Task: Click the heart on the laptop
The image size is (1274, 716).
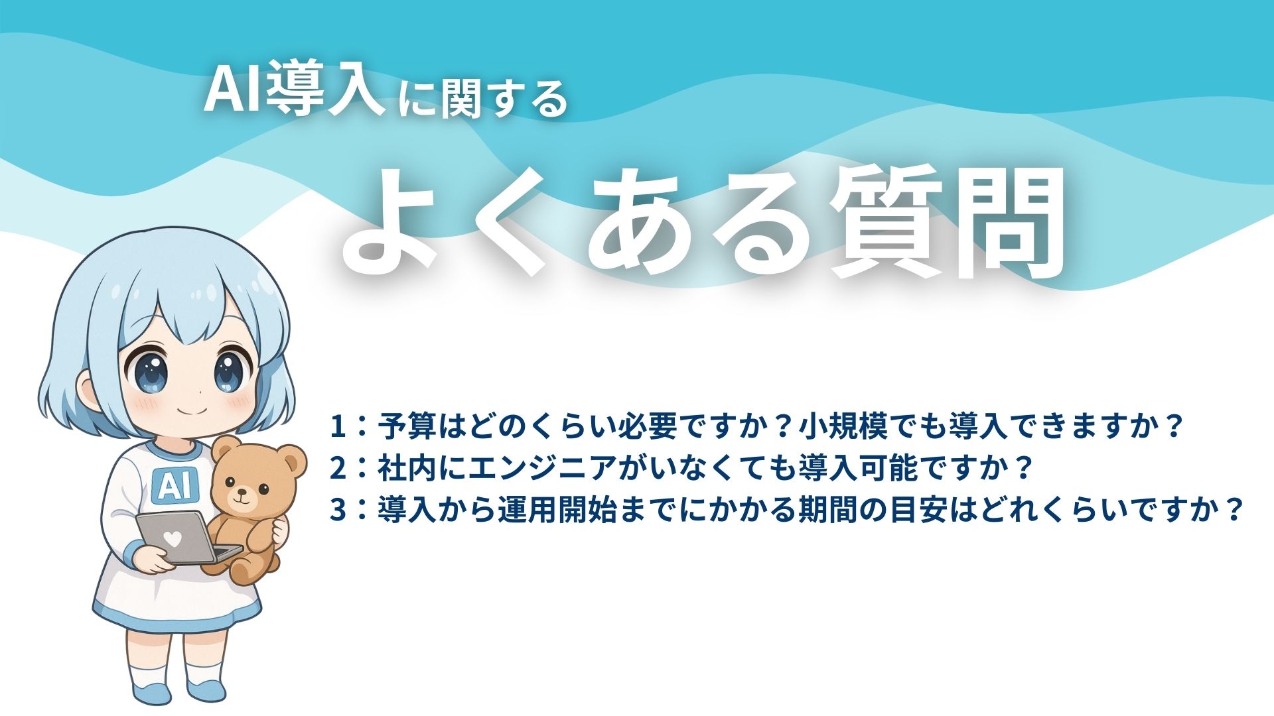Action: coord(173,539)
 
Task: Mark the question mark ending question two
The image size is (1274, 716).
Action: coord(1024,468)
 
